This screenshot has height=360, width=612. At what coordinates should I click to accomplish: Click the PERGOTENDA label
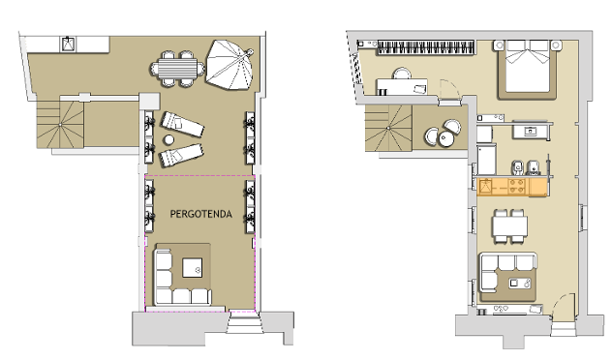[201, 214]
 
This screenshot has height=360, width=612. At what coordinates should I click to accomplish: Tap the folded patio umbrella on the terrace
[230, 65]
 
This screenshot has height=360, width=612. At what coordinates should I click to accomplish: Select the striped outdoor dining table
[178, 69]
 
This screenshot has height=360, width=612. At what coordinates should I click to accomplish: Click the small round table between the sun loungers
[168, 139]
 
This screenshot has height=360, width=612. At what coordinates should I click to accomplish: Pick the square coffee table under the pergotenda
[193, 268]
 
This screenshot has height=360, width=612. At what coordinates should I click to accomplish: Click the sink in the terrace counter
[68, 45]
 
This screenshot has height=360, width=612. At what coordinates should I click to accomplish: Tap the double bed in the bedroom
[528, 69]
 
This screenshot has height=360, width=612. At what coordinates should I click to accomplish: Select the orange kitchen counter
[512, 187]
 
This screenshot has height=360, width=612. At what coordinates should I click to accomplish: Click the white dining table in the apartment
[509, 225]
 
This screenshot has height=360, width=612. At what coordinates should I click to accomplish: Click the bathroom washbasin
[530, 132]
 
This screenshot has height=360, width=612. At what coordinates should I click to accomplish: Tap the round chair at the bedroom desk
[402, 74]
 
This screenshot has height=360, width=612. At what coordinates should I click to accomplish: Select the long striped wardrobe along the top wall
[426, 47]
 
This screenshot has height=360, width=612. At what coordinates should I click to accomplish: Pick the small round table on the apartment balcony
[445, 138]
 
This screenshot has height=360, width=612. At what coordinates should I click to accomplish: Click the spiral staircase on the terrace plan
[60, 124]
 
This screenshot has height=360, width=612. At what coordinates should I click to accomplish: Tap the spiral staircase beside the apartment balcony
[388, 128]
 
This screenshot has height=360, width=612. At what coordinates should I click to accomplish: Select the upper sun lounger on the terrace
[182, 124]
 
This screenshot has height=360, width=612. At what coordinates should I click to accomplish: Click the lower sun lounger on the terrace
[181, 155]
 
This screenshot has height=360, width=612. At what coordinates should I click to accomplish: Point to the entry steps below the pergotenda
[245, 322]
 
